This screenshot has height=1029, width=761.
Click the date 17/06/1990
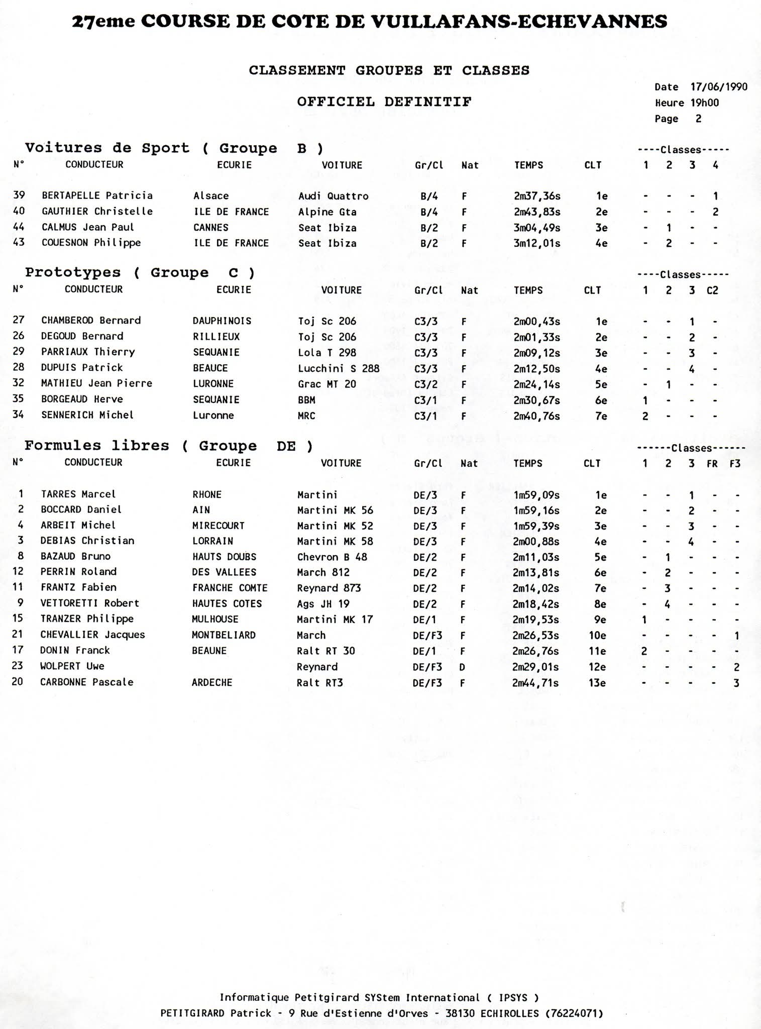tap(719, 87)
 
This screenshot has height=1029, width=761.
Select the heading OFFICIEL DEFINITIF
tap(384, 102)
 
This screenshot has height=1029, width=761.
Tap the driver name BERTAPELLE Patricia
tap(97, 195)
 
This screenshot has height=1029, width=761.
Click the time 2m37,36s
tap(537, 196)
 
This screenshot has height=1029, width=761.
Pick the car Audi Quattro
tap(333, 196)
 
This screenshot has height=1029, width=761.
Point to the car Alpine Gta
tap(327, 212)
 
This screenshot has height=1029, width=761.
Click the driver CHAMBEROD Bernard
tap(91, 321)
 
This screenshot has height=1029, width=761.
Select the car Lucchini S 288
tap(339, 368)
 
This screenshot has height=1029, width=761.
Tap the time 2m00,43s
tap(536, 322)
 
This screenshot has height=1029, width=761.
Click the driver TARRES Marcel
tap(78, 494)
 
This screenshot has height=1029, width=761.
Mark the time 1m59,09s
tap(536, 495)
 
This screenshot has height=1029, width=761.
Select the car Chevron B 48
tap(332, 557)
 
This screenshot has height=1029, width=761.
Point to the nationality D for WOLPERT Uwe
tap(463, 667)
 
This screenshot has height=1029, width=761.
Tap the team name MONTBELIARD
tap(224, 635)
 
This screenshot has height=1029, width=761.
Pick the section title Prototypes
tap(73, 273)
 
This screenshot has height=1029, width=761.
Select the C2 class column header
tap(712, 290)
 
